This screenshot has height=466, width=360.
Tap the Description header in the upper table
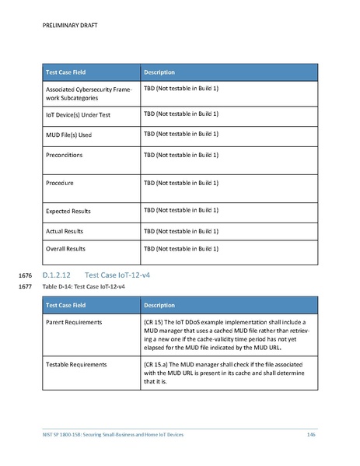(x=159, y=72)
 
